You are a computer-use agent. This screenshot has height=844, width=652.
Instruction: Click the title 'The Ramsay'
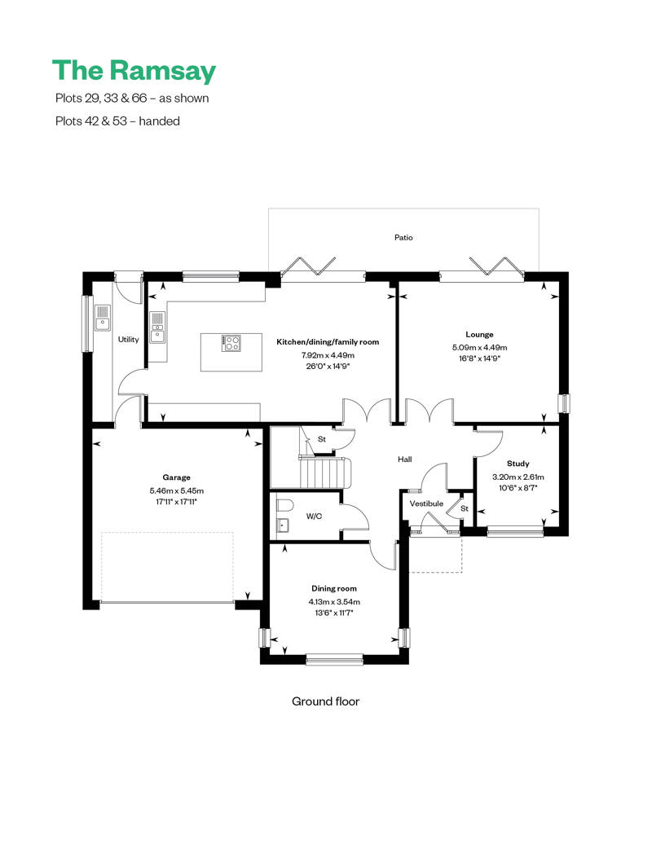click(x=134, y=71)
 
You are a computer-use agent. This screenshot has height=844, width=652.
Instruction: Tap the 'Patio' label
click(x=403, y=238)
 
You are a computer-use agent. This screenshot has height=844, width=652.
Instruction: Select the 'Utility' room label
click(x=129, y=340)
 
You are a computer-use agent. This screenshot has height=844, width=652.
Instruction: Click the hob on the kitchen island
click(x=231, y=343)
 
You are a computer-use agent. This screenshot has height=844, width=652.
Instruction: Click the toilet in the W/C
click(x=283, y=504)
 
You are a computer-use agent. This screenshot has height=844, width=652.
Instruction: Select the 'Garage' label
click(x=176, y=477)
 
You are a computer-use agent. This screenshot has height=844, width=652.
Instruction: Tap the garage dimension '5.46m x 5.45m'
click(x=176, y=490)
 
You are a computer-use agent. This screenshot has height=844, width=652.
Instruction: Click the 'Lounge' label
click(x=479, y=334)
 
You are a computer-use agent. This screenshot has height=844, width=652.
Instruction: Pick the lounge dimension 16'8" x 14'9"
click(x=479, y=358)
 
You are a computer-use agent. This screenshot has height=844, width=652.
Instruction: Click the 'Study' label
click(x=518, y=464)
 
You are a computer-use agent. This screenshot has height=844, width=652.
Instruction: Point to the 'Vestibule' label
click(x=426, y=503)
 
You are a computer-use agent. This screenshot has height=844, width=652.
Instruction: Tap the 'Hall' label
click(x=404, y=459)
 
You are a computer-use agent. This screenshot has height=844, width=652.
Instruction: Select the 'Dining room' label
click(x=333, y=588)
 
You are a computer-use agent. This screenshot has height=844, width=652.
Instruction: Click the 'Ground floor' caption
click(x=325, y=701)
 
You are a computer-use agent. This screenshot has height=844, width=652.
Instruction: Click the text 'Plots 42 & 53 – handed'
click(x=117, y=121)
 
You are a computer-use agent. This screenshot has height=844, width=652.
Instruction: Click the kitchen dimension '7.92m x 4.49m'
click(x=328, y=355)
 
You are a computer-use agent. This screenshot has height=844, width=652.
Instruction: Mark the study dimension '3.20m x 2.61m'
click(x=518, y=477)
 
